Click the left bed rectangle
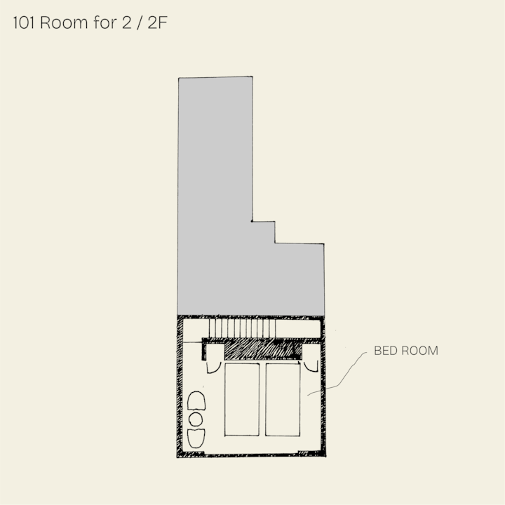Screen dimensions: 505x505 (242, 399)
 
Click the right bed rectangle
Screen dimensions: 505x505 (283, 399)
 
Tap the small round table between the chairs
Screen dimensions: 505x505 (196, 419)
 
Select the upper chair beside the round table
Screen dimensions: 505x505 (196, 400)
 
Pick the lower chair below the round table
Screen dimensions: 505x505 (196, 438)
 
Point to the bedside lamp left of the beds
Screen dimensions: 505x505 (213, 367)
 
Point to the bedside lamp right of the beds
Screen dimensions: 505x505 (311, 366)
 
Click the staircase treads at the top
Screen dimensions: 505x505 (242, 328)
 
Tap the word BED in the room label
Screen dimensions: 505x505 (384, 351)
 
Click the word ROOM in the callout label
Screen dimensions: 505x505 (418, 351)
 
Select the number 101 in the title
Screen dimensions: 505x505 (24, 23)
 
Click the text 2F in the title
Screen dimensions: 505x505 (158, 23)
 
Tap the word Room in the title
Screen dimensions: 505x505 (64, 23)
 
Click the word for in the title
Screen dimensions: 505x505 (105, 22)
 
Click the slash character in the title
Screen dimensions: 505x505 (140, 23)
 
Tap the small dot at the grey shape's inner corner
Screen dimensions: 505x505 (252, 221)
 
